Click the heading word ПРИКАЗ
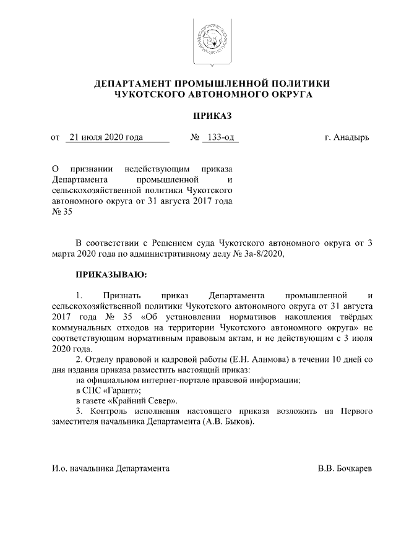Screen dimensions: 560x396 click(x=212, y=116)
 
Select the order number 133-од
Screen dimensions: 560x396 click(x=221, y=137)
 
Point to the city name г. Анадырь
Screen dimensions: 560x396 click(x=347, y=137)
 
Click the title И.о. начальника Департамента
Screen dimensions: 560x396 click(x=110, y=470)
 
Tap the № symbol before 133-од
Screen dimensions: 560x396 click(x=194, y=137)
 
